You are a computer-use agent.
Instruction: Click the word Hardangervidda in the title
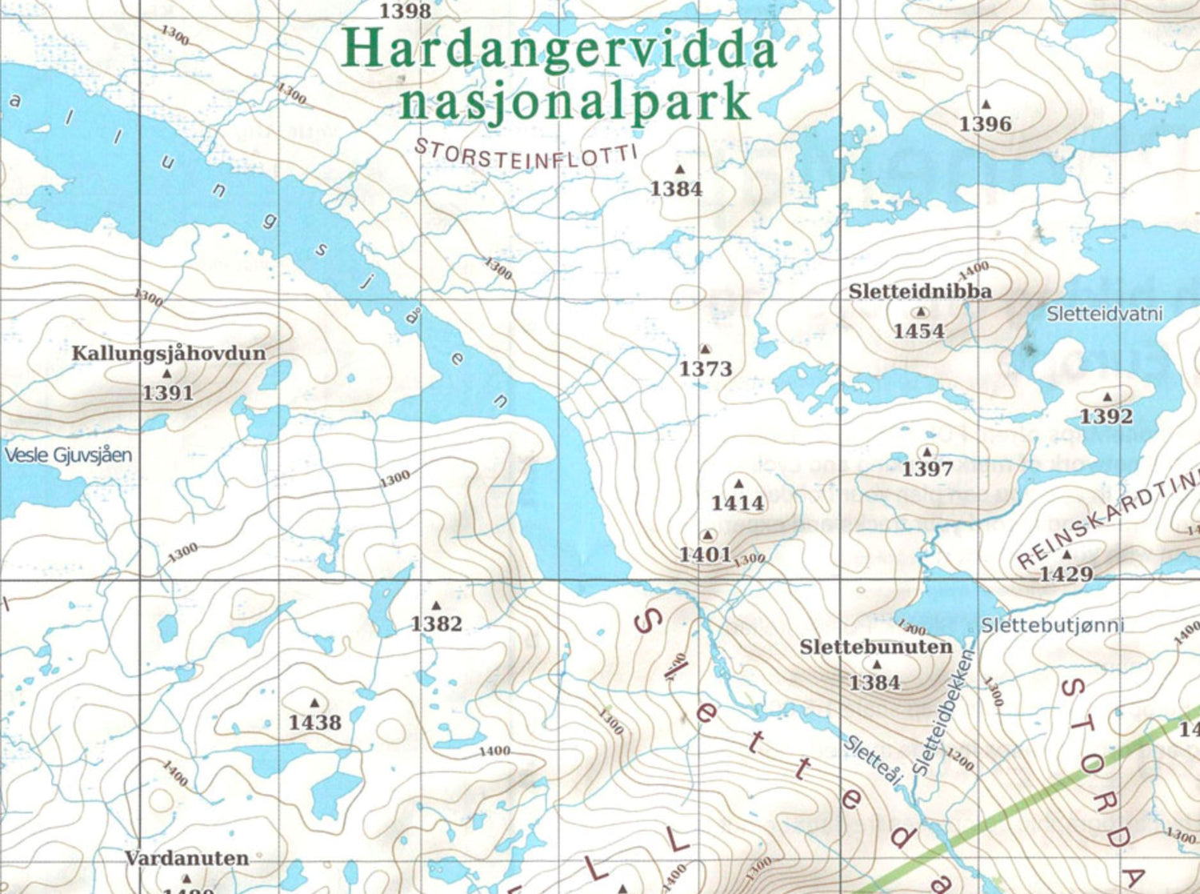pos(558,50)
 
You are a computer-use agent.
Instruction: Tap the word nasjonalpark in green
pos(575,102)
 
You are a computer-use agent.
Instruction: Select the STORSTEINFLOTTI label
pos(526,154)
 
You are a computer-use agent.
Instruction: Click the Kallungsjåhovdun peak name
pos(168,353)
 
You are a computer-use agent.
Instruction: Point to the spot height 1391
pos(168,392)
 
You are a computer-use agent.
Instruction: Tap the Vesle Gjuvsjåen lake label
pos(68,455)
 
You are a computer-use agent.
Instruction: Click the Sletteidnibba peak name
pos(920,291)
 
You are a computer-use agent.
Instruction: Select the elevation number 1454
pos(918,331)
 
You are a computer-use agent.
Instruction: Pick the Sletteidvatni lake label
pos(1104,314)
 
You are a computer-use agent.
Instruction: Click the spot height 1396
pos(985,124)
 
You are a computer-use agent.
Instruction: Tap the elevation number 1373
pos(705,369)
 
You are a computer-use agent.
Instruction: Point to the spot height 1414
pos(737,503)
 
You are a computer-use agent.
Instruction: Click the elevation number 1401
pos(705,554)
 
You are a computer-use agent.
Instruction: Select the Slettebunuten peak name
pos(876,647)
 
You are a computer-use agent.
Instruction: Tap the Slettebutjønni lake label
pos(1052,625)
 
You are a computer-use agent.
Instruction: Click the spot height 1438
pos(314,723)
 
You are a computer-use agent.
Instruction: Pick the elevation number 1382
pos(436,623)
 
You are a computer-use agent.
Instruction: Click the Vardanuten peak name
pos(186,858)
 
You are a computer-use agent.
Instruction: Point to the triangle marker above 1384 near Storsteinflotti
pos(679,170)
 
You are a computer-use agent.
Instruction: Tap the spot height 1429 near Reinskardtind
pos(1066,574)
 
